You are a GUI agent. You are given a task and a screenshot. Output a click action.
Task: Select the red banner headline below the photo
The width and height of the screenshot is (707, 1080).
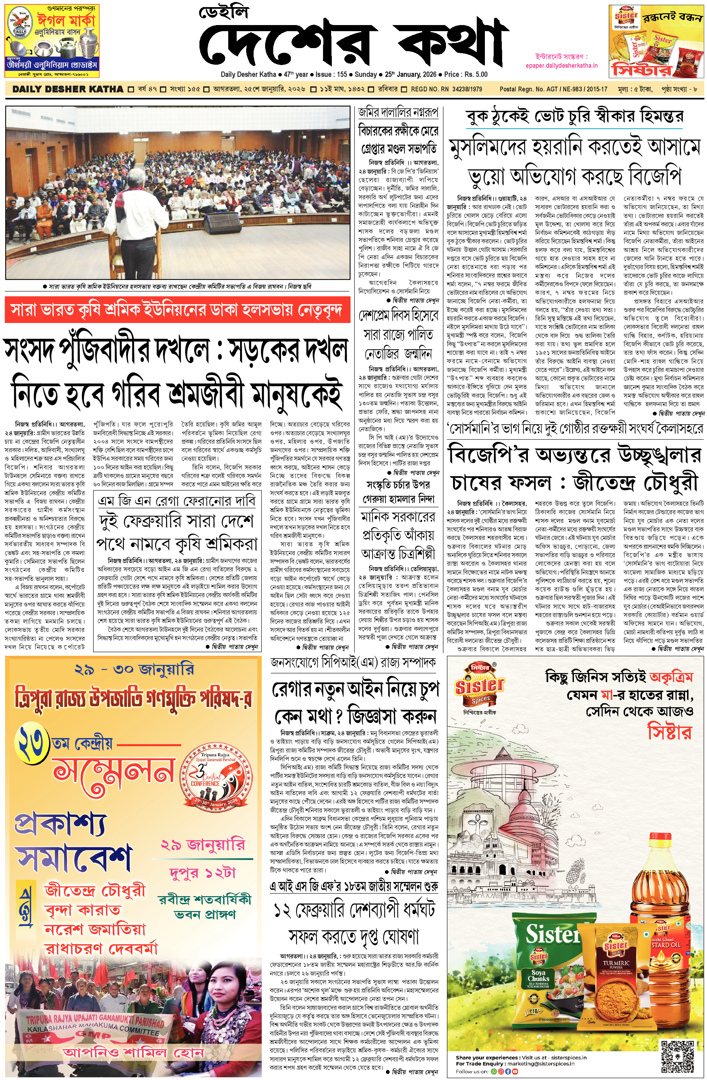177,310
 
